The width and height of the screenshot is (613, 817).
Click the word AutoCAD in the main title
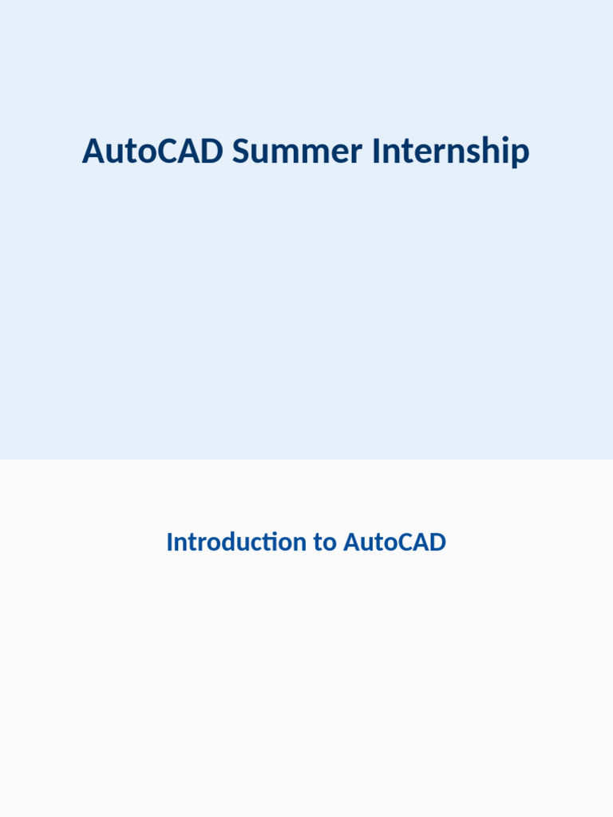pos(152,151)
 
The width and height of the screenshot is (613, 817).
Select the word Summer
pos(297,151)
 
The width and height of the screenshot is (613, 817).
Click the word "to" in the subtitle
pos(324,543)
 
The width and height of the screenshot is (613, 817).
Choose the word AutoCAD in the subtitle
pos(394,542)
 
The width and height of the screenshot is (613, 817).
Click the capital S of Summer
pos(242,151)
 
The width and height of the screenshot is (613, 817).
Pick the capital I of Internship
pos(376,151)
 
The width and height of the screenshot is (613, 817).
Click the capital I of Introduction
pos(170,542)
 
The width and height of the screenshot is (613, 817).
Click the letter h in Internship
pos(489,150)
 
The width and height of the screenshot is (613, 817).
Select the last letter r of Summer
pos(356,154)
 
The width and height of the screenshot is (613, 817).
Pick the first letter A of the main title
pos(94,151)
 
